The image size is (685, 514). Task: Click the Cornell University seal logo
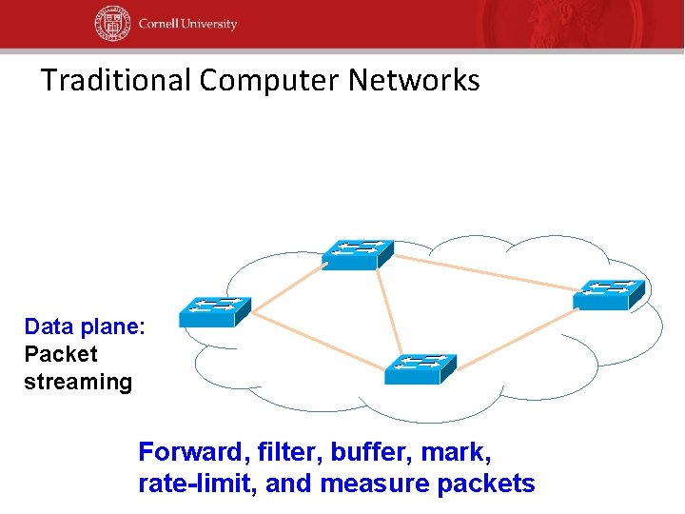[x=112, y=24]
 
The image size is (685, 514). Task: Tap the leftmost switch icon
[x=214, y=311]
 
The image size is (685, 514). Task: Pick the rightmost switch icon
[x=609, y=294]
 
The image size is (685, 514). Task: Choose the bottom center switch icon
[x=420, y=369]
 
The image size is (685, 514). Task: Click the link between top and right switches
[x=485, y=270]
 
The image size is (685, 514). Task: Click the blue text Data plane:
[x=85, y=327]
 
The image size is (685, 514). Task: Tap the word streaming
[x=78, y=383]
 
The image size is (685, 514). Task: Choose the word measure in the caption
[x=375, y=484]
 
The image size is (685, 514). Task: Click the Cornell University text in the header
[x=186, y=24]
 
